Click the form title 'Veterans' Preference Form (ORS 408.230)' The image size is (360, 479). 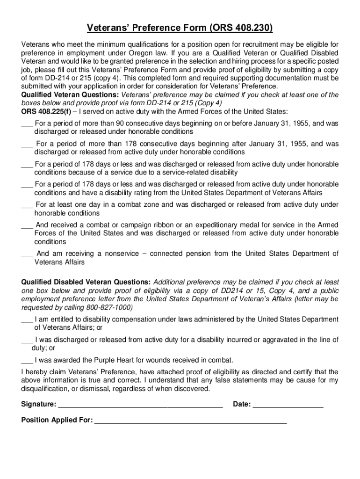180,29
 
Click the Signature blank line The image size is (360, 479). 140,405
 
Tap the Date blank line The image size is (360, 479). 288,405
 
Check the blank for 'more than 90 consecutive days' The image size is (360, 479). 27,124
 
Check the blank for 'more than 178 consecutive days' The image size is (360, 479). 27,144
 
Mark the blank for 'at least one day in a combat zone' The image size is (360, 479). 27,205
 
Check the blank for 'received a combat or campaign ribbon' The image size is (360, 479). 27,225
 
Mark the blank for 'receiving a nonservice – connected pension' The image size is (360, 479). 27,254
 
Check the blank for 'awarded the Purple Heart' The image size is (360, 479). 27,360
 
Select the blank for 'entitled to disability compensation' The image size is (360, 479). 27,319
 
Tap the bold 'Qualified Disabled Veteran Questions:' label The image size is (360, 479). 86,282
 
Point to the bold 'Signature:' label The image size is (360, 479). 39,404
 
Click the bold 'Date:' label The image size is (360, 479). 242,404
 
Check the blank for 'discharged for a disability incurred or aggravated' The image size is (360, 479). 27,340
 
